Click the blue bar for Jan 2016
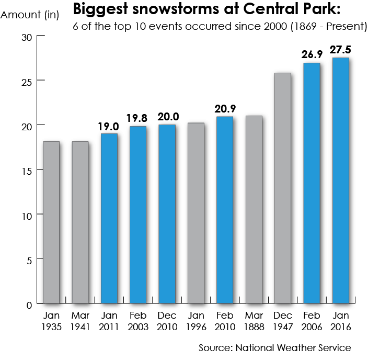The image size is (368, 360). pos(340,181)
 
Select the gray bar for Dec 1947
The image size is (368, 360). pos(283,188)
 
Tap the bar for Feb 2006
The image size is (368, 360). pos(312,183)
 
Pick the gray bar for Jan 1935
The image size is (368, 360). pos(51,222)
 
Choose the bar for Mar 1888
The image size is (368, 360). pos(254,209)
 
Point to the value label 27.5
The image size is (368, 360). pos(340,50)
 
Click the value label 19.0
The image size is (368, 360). pos(109,126)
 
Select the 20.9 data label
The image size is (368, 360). pos(225,109)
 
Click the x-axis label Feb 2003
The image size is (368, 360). pos(138,321)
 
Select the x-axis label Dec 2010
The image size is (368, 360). pos(167,321)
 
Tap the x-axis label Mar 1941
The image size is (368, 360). pos(80,321)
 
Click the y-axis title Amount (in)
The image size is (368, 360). pos(30,14)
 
